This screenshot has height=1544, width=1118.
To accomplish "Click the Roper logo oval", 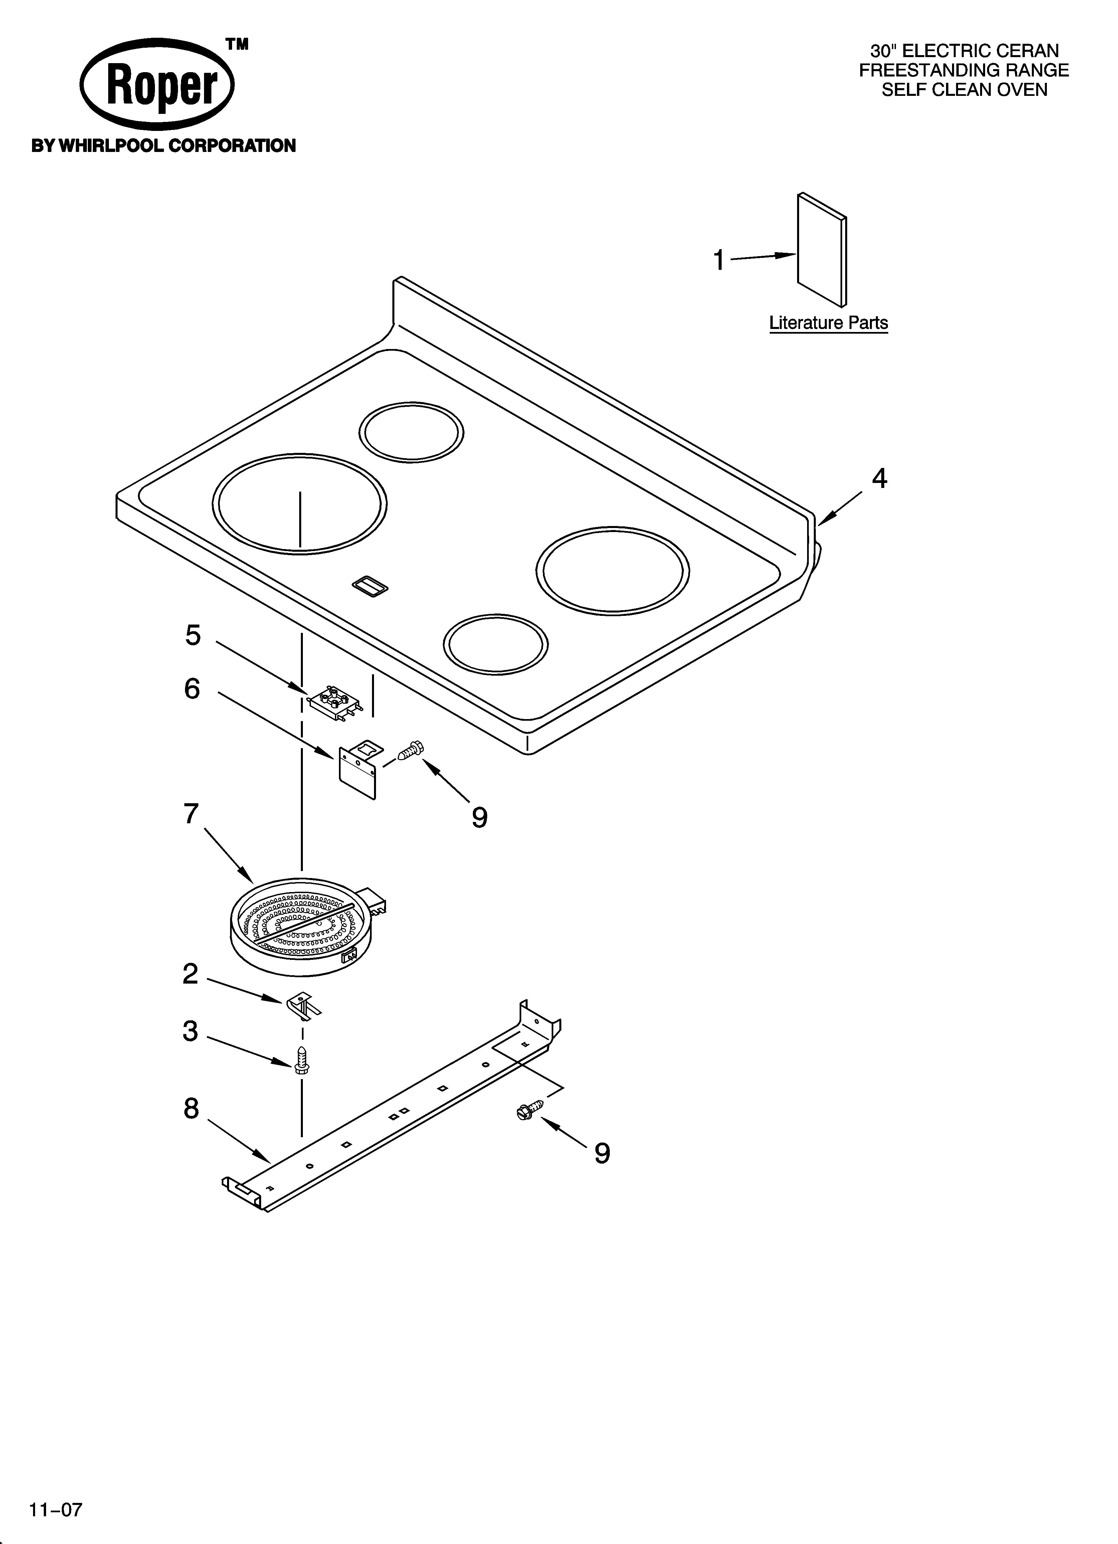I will click(157, 84).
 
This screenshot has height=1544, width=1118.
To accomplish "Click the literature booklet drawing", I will click(822, 250).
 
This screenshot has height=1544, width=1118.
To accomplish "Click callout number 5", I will click(193, 635).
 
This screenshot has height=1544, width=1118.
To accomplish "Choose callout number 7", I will click(191, 814).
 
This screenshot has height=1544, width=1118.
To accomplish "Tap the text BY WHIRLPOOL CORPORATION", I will click(163, 146).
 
